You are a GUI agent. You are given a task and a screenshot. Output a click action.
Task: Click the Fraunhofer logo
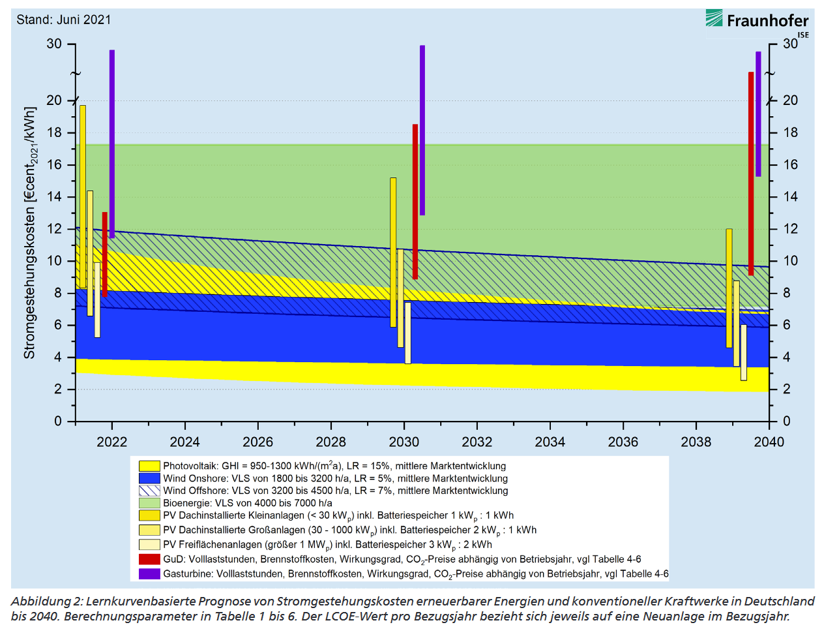pyautogui.click(x=757, y=21)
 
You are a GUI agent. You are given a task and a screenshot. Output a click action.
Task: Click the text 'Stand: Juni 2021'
pyautogui.click(x=64, y=20)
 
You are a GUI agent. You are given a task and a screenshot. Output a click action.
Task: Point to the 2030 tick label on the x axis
pyautogui.click(x=404, y=442)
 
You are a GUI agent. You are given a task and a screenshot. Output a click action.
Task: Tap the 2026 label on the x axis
pyautogui.click(x=258, y=442)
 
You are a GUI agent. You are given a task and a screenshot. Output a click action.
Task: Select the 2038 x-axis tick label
pyautogui.click(x=696, y=442)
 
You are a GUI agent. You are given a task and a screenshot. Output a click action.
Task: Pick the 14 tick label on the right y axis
pyautogui.click(x=790, y=196)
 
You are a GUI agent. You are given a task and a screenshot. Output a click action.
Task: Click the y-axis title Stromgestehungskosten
pyautogui.click(x=30, y=233)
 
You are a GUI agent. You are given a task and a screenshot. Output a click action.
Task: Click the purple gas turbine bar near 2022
pyautogui.click(x=112, y=144)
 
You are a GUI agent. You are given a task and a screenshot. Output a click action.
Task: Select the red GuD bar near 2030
pyautogui.click(x=415, y=202)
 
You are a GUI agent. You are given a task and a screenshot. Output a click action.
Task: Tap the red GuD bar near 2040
pyautogui.click(x=751, y=173)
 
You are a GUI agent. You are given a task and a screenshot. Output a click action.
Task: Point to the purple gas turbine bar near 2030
pyautogui.click(x=422, y=130)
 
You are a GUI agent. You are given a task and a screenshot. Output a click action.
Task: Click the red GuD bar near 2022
pyautogui.click(x=105, y=254)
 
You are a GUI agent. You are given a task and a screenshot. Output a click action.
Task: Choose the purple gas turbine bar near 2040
pyautogui.click(x=758, y=114)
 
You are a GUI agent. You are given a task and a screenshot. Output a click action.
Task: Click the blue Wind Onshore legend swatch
pyautogui.click(x=149, y=478)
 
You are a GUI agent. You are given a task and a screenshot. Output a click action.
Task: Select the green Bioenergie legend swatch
pyautogui.click(x=149, y=503)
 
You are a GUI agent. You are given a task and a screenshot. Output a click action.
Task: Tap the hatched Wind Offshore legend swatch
pyautogui.click(x=149, y=491)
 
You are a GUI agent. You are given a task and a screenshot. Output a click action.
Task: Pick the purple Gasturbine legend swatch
pyautogui.click(x=149, y=574)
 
